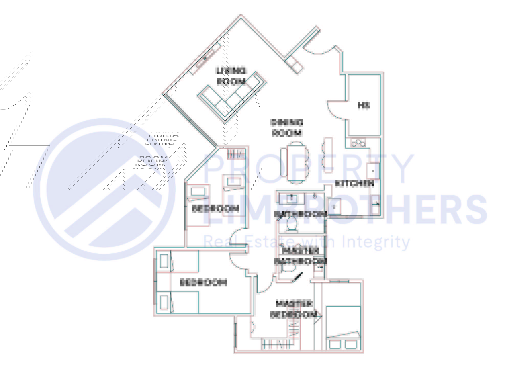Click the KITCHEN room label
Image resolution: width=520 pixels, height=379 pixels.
coord(354,184)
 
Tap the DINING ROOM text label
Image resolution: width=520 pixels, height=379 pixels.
coord(287,128)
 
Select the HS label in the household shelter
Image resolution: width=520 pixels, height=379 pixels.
coord(364,105)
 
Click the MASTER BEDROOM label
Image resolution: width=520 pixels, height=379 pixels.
coord(294,309)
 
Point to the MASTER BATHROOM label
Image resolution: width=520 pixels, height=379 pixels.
coord(301,255)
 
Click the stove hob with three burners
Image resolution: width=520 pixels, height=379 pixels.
coord(358,143)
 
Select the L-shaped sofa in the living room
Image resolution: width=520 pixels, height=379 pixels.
coord(231,97)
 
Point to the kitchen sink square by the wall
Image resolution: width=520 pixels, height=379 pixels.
coord(373,171)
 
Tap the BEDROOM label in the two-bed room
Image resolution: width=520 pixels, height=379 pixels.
coord(204,283)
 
